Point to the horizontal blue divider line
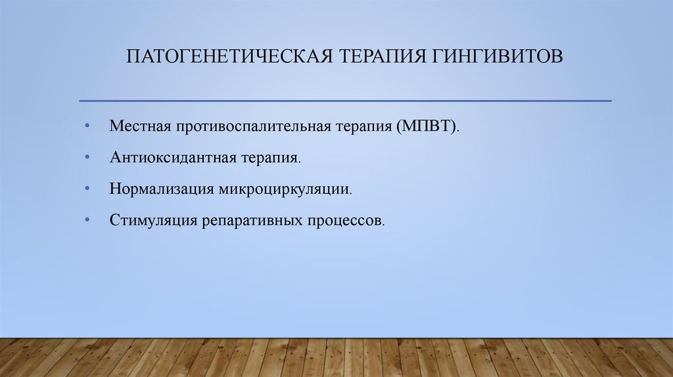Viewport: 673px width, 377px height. (345, 100)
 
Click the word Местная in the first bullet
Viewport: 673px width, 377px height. (139, 125)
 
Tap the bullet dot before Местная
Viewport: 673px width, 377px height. (87, 125)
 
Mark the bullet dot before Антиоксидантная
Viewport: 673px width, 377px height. (87, 156)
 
